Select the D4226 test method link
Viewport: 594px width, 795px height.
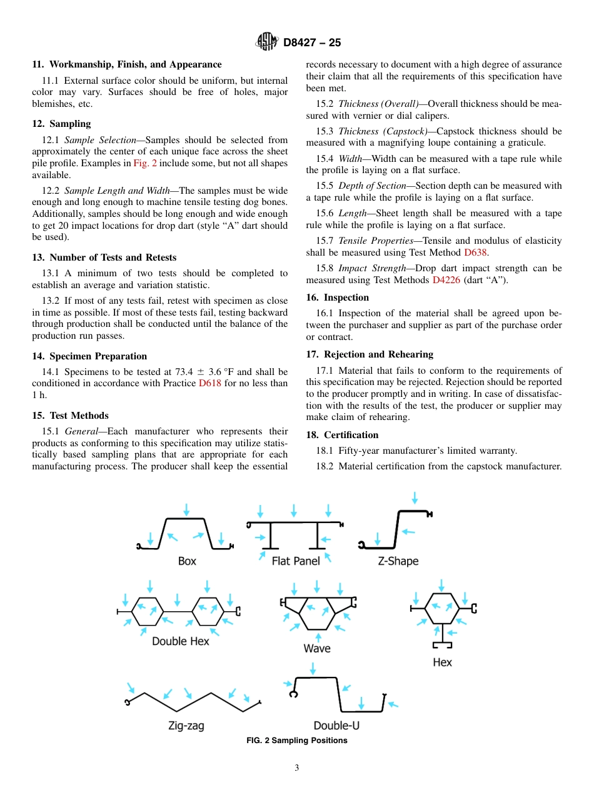point(446,280)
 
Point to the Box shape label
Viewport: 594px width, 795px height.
point(187,561)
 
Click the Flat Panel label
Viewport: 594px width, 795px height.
point(296,561)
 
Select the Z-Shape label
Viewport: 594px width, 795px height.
point(398,561)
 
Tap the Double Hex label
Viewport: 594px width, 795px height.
point(181,641)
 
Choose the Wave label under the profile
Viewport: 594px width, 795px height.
point(317,648)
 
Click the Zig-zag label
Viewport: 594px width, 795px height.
point(186,726)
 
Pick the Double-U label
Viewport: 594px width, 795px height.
point(336,726)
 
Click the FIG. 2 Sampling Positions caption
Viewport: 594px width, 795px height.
point(297,741)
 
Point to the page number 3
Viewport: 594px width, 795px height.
point(297,768)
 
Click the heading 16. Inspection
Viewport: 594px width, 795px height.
point(338,297)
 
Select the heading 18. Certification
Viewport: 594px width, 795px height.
point(342,435)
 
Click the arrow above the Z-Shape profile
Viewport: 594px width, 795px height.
point(415,498)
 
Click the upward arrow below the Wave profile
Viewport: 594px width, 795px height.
point(319,637)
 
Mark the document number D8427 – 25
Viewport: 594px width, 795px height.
point(312,43)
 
